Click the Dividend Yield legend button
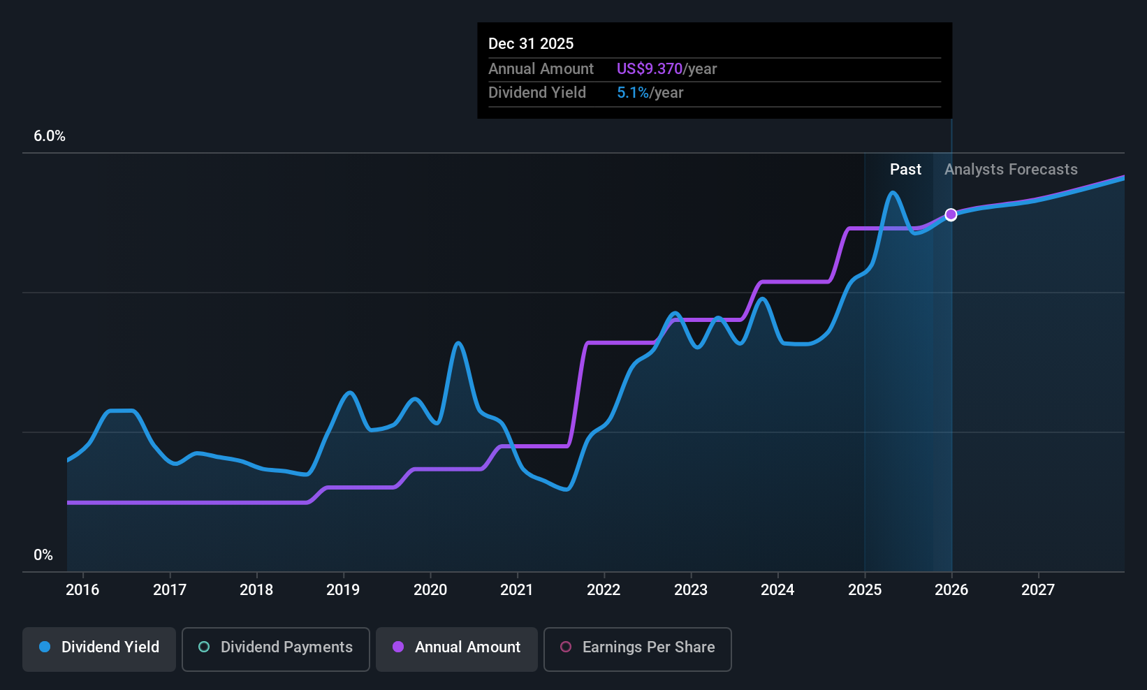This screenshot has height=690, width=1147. point(99,647)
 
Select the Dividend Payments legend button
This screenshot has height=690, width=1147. point(276,647)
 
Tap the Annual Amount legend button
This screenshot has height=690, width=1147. point(457,647)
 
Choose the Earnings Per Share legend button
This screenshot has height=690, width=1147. point(637,647)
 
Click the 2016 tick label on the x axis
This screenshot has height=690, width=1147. point(82,590)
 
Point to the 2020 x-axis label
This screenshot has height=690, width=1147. point(430,590)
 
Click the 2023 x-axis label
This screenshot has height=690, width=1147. point(691,590)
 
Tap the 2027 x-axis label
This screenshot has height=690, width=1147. point(1038,590)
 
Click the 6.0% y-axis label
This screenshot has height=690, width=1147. point(50,136)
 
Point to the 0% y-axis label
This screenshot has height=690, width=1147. point(43,555)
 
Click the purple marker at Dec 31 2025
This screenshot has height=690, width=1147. point(951,214)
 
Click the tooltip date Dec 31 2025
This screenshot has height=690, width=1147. point(531,44)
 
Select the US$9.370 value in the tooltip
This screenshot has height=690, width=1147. point(649,69)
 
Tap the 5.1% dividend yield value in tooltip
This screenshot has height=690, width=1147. point(633,93)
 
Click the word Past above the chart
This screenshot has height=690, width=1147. point(905,170)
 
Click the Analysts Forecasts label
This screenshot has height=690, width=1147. point(1011,170)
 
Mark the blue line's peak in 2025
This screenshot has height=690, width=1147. point(893,193)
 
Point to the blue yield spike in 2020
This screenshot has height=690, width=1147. point(458,343)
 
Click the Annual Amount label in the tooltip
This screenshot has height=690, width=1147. point(541,69)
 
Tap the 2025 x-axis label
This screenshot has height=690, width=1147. point(865,590)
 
